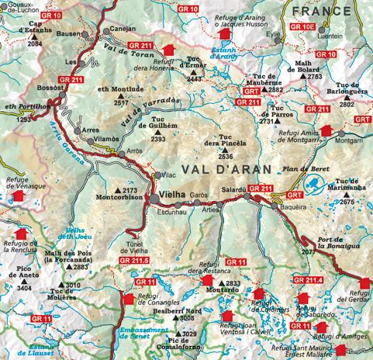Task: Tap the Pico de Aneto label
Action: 28,272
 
